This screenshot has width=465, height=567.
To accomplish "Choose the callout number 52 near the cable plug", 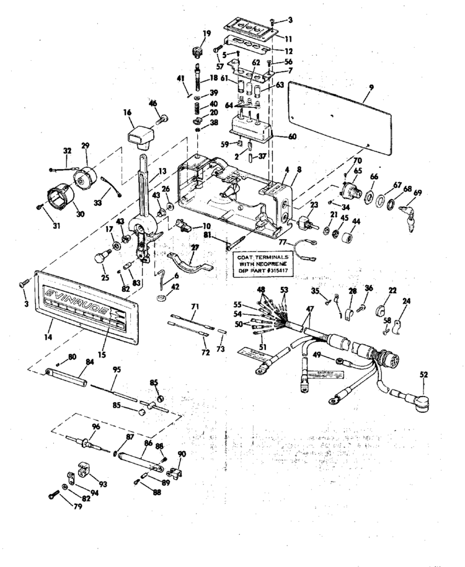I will [423, 375].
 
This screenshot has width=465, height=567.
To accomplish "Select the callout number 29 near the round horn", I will [85, 145].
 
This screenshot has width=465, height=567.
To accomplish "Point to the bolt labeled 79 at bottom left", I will [53, 495].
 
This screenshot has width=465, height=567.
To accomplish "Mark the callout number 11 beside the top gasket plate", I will [288, 38].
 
